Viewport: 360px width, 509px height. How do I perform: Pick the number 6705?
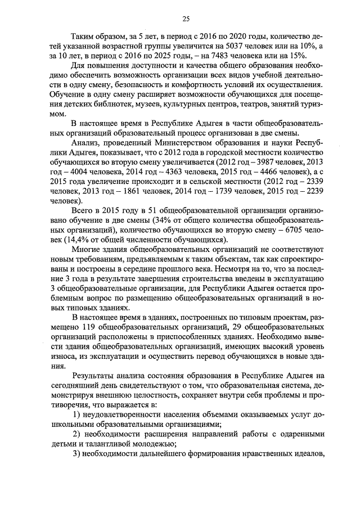click(292, 231)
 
